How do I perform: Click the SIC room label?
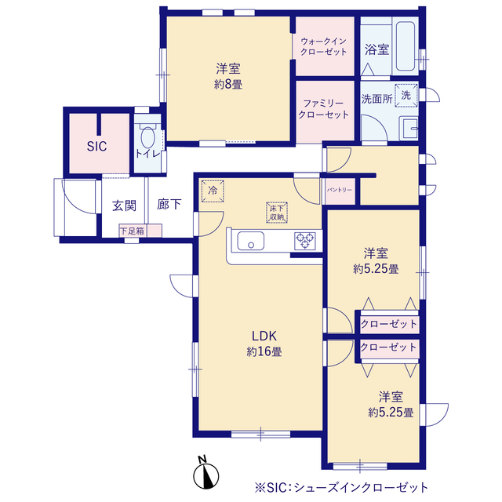pos(96,147)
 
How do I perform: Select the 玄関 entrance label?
pos(124,206)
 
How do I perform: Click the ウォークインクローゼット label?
pos(324,46)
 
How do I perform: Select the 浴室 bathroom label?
pos(376,49)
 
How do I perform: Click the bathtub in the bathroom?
pos(406,47)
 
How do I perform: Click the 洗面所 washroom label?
pos(376,99)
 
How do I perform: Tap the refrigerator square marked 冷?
pos(213,191)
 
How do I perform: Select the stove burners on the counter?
pos(304,241)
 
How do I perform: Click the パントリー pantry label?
pos(340,191)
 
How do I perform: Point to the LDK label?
pos(261,336)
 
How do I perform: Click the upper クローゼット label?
pos(388,323)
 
